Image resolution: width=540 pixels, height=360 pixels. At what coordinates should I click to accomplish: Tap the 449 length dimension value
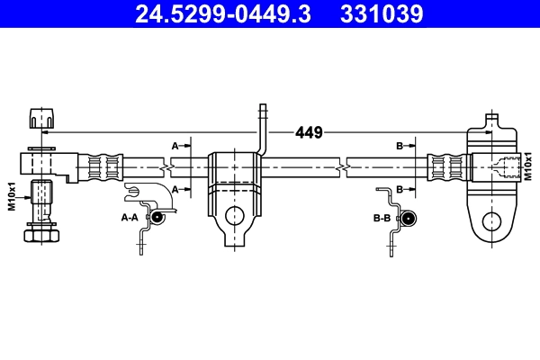tap(309, 132)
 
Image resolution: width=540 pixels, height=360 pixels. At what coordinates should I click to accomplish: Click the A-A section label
tap(130, 217)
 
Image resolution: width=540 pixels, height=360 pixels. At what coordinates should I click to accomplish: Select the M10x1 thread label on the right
tap(528, 167)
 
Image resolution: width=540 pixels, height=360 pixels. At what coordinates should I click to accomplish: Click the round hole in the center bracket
tap(235, 216)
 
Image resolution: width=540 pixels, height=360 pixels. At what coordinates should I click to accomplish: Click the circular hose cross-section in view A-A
tap(157, 217)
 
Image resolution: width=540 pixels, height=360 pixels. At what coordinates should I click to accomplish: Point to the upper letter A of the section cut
tap(175, 144)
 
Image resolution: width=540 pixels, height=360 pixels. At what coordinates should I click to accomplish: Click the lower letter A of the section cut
tap(175, 188)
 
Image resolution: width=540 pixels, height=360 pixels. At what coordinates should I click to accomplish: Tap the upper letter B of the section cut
tap(400, 144)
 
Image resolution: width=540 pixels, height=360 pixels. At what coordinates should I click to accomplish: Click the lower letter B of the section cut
tap(400, 188)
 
